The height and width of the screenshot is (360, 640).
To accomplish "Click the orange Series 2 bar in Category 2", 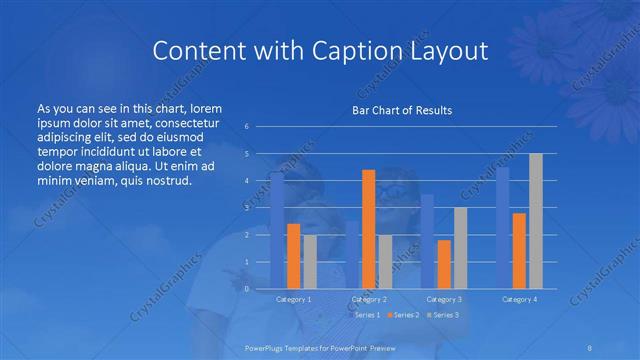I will (x=368, y=229).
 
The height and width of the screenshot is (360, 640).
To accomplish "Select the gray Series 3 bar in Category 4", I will (x=536, y=221).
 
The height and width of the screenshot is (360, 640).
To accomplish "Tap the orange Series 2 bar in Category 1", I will (x=293, y=256).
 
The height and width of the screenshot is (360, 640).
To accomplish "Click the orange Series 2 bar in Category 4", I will (x=519, y=251).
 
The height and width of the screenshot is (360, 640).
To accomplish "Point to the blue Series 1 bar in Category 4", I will (x=502, y=228).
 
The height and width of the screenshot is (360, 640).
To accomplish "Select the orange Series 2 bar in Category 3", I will (x=443, y=264).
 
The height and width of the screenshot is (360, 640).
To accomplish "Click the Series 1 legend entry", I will (x=365, y=315).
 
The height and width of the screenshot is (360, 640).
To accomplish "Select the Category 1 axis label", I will (x=293, y=299).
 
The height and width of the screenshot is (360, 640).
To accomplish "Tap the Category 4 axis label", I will (x=519, y=299).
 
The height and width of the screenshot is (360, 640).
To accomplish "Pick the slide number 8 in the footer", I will (x=589, y=347).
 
